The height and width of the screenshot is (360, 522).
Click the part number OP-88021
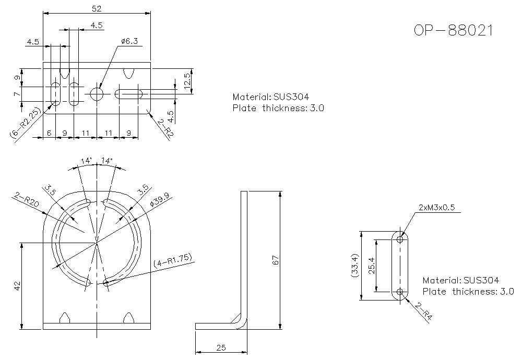453,30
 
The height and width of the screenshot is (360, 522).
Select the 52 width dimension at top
96,8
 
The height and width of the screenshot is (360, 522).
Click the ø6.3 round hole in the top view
97,94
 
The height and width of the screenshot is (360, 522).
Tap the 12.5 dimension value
187,81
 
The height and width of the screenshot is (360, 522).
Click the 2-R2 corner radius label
165,128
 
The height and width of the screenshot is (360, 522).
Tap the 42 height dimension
17,285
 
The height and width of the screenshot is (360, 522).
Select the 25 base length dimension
221,347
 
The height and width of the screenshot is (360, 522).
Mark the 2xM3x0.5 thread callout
436,207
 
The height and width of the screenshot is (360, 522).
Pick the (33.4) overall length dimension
355,266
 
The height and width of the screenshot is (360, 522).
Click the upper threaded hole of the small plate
400,239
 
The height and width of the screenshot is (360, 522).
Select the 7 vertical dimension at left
17,94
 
